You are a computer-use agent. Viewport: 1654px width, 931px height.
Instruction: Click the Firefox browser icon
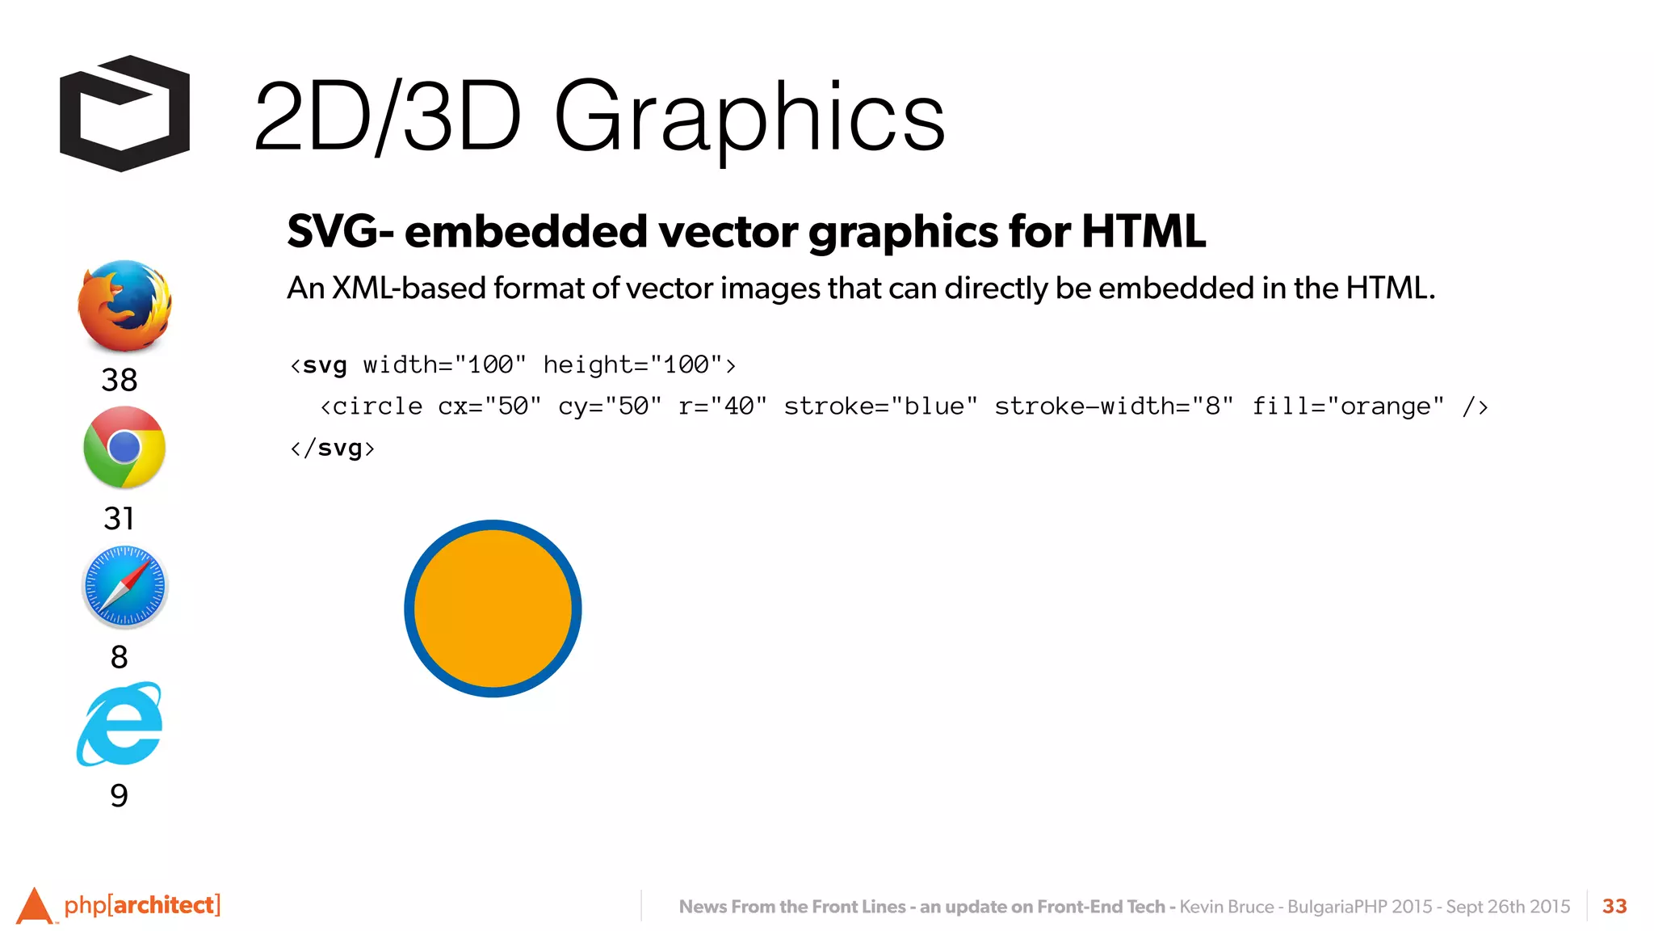[124, 305]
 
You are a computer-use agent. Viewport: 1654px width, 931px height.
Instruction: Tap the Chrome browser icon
[124, 447]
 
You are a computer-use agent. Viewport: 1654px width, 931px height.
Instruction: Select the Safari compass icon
[124, 587]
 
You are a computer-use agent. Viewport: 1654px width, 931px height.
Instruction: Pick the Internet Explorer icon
[120, 724]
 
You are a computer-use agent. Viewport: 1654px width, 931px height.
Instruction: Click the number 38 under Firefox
[120, 380]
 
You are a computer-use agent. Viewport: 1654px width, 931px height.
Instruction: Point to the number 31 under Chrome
[119, 518]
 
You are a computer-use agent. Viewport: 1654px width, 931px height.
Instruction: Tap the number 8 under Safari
[120, 657]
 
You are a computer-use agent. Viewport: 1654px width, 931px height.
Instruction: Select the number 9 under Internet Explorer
[119, 795]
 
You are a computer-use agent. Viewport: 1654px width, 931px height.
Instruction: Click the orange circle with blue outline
[493, 609]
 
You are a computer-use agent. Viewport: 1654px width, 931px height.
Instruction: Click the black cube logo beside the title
[124, 113]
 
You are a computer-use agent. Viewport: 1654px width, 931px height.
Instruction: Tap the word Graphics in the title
[749, 117]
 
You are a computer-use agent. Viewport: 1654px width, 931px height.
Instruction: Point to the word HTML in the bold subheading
[1143, 232]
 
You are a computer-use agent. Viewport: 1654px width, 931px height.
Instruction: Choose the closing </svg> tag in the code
[333, 448]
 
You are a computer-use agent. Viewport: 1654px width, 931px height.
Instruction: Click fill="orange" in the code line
[1348, 406]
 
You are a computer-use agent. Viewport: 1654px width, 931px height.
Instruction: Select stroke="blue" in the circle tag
[880, 406]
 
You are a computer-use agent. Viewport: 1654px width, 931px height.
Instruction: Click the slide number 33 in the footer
[1614, 906]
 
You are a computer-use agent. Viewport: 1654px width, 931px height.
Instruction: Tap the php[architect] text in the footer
[142, 905]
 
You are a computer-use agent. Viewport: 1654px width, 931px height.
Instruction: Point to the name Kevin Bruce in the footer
[1226, 907]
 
